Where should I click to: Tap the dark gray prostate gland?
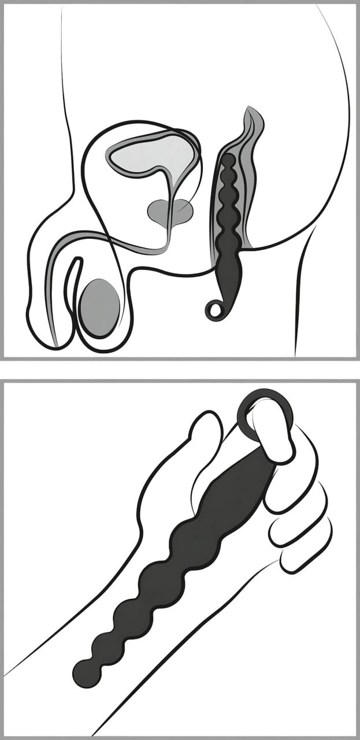[x=169, y=212]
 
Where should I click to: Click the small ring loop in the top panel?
[x=214, y=310]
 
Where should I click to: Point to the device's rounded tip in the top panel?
[x=228, y=159]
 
